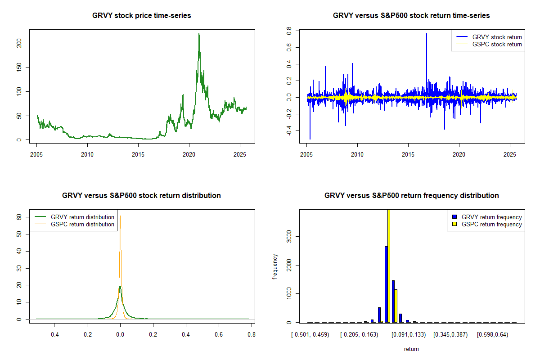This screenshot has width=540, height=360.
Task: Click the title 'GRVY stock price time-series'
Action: point(141,16)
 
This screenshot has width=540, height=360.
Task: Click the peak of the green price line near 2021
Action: point(199,34)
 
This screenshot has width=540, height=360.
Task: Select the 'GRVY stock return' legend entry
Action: point(497,37)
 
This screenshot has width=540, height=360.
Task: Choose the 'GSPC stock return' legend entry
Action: point(497,45)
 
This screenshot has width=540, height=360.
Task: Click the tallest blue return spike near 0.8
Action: point(427,34)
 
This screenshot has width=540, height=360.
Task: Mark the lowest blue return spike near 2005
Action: point(310,139)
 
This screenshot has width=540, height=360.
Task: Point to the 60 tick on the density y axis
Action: point(19,217)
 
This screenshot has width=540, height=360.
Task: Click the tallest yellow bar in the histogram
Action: point(389,265)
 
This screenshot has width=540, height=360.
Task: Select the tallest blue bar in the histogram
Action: point(386,283)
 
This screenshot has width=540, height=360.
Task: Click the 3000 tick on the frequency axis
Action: point(289,236)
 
